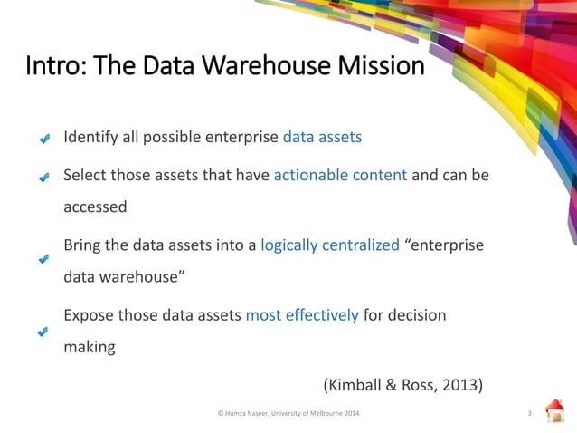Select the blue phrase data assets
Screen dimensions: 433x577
tap(322, 138)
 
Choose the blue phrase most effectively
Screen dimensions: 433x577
tap(302, 315)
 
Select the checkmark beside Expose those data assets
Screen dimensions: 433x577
tap(43, 332)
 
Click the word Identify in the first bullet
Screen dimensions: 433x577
tap(89, 138)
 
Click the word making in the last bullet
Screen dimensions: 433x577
tap(89, 346)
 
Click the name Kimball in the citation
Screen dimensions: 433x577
tap(360, 384)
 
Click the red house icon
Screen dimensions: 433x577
tap(554, 410)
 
